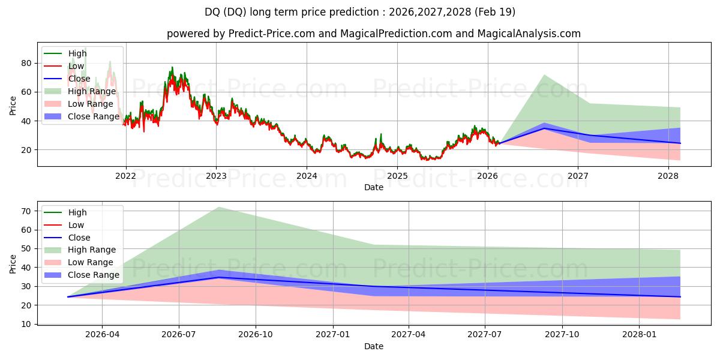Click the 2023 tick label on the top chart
216,176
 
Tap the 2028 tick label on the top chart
668,176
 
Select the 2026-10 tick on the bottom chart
256,335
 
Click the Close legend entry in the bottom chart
79,237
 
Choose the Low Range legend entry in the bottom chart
90,262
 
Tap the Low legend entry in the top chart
76,66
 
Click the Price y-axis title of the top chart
13,106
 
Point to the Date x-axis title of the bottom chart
373,346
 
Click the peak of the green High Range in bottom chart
219,207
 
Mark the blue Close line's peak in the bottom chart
219,277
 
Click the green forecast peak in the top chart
544,75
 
